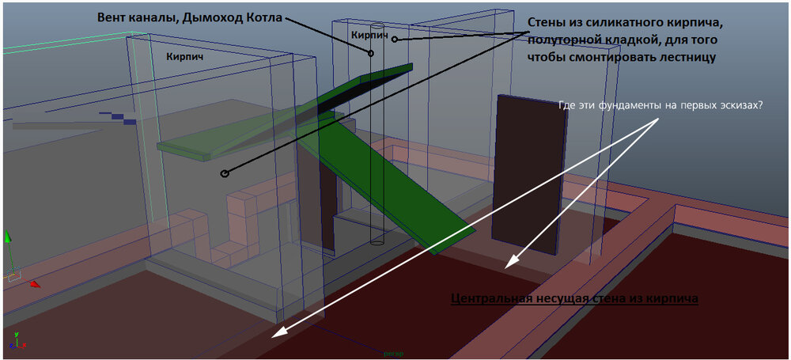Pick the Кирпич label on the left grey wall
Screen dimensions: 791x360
coord(185,57)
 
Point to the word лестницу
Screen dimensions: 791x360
coord(687,56)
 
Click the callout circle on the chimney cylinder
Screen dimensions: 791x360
coord(371,53)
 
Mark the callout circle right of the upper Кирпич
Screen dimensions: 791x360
coord(395,39)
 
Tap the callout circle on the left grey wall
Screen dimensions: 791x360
coord(225,174)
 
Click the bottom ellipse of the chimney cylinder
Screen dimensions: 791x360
coord(377,242)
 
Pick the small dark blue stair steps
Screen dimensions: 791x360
coord(118,118)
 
